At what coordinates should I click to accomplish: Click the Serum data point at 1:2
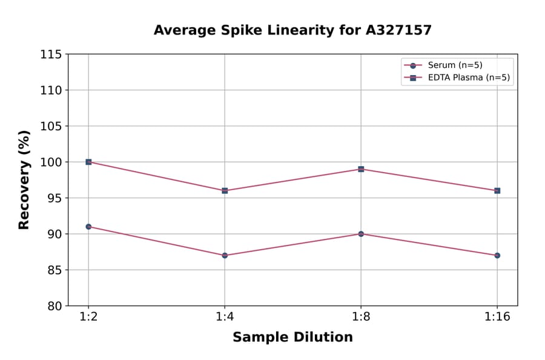[88, 227]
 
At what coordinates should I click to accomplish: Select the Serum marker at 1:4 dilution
[225, 255]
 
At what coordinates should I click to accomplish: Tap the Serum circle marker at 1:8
[361, 234]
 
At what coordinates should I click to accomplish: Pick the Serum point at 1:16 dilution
[497, 255]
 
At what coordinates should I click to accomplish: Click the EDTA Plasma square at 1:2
[88, 162]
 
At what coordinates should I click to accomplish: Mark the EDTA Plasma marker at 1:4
[225, 190]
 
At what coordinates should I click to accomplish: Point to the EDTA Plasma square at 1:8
[361, 169]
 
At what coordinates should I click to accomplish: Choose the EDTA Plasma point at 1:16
[497, 190]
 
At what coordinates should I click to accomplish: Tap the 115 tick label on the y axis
[51, 55]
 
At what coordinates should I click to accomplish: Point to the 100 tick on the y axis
[51, 162]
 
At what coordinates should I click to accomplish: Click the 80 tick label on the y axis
[54, 306]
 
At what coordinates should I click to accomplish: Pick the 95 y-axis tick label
[54, 198]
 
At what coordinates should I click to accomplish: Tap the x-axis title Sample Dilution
[292, 338]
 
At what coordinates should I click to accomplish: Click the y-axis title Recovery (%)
[24, 179]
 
